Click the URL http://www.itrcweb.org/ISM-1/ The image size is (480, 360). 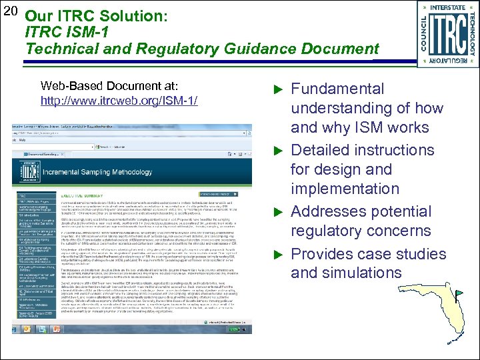coord(119,101)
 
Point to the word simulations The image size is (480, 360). coord(369,273)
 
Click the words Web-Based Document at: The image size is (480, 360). coord(109,86)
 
